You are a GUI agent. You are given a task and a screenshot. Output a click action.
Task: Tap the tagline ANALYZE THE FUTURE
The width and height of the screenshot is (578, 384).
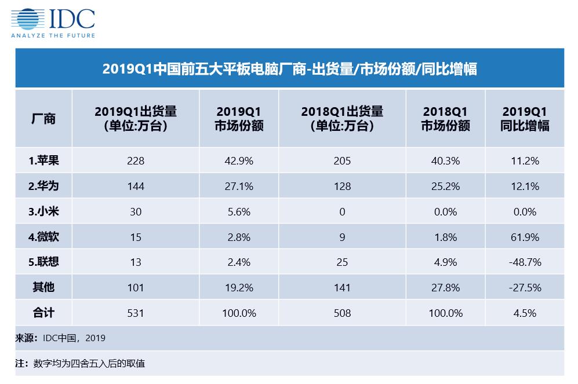tap(53, 35)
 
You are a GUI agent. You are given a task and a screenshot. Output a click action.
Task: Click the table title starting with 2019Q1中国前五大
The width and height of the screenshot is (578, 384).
tap(289, 69)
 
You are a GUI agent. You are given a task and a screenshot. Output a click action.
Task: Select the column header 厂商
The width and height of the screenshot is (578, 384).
tap(43, 119)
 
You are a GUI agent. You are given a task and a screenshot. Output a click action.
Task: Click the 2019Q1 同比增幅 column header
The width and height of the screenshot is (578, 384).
tap(525, 119)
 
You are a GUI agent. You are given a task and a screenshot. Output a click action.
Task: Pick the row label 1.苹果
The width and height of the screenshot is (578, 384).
tap(43, 161)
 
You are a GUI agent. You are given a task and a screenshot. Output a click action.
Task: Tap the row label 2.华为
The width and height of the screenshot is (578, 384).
tap(43, 186)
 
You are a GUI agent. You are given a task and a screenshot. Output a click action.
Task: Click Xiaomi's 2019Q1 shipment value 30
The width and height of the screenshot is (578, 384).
tap(135, 212)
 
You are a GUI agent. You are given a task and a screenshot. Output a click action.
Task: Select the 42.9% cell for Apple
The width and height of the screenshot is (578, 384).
tap(239, 161)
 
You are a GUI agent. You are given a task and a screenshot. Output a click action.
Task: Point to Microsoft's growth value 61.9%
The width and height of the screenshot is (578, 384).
tap(525, 237)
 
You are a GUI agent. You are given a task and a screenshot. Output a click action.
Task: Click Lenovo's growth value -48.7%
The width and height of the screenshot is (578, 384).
tap(525, 262)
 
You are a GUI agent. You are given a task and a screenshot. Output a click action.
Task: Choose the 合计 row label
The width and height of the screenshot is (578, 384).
tap(43, 313)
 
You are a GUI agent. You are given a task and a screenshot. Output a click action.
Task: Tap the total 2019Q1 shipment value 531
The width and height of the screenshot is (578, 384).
tap(135, 313)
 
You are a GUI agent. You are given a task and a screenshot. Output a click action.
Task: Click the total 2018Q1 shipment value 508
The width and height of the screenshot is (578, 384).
tap(342, 313)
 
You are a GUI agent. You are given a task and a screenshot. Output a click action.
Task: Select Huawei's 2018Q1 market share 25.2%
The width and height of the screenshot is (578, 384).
tap(445, 186)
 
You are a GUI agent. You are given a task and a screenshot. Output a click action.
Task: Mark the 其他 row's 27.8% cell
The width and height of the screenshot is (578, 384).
tap(445, 288)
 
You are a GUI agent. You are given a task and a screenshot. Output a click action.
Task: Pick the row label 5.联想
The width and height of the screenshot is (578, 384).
tap(43, 262)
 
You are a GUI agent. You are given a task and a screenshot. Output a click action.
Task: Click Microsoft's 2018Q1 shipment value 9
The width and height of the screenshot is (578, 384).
tap(342, 237)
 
